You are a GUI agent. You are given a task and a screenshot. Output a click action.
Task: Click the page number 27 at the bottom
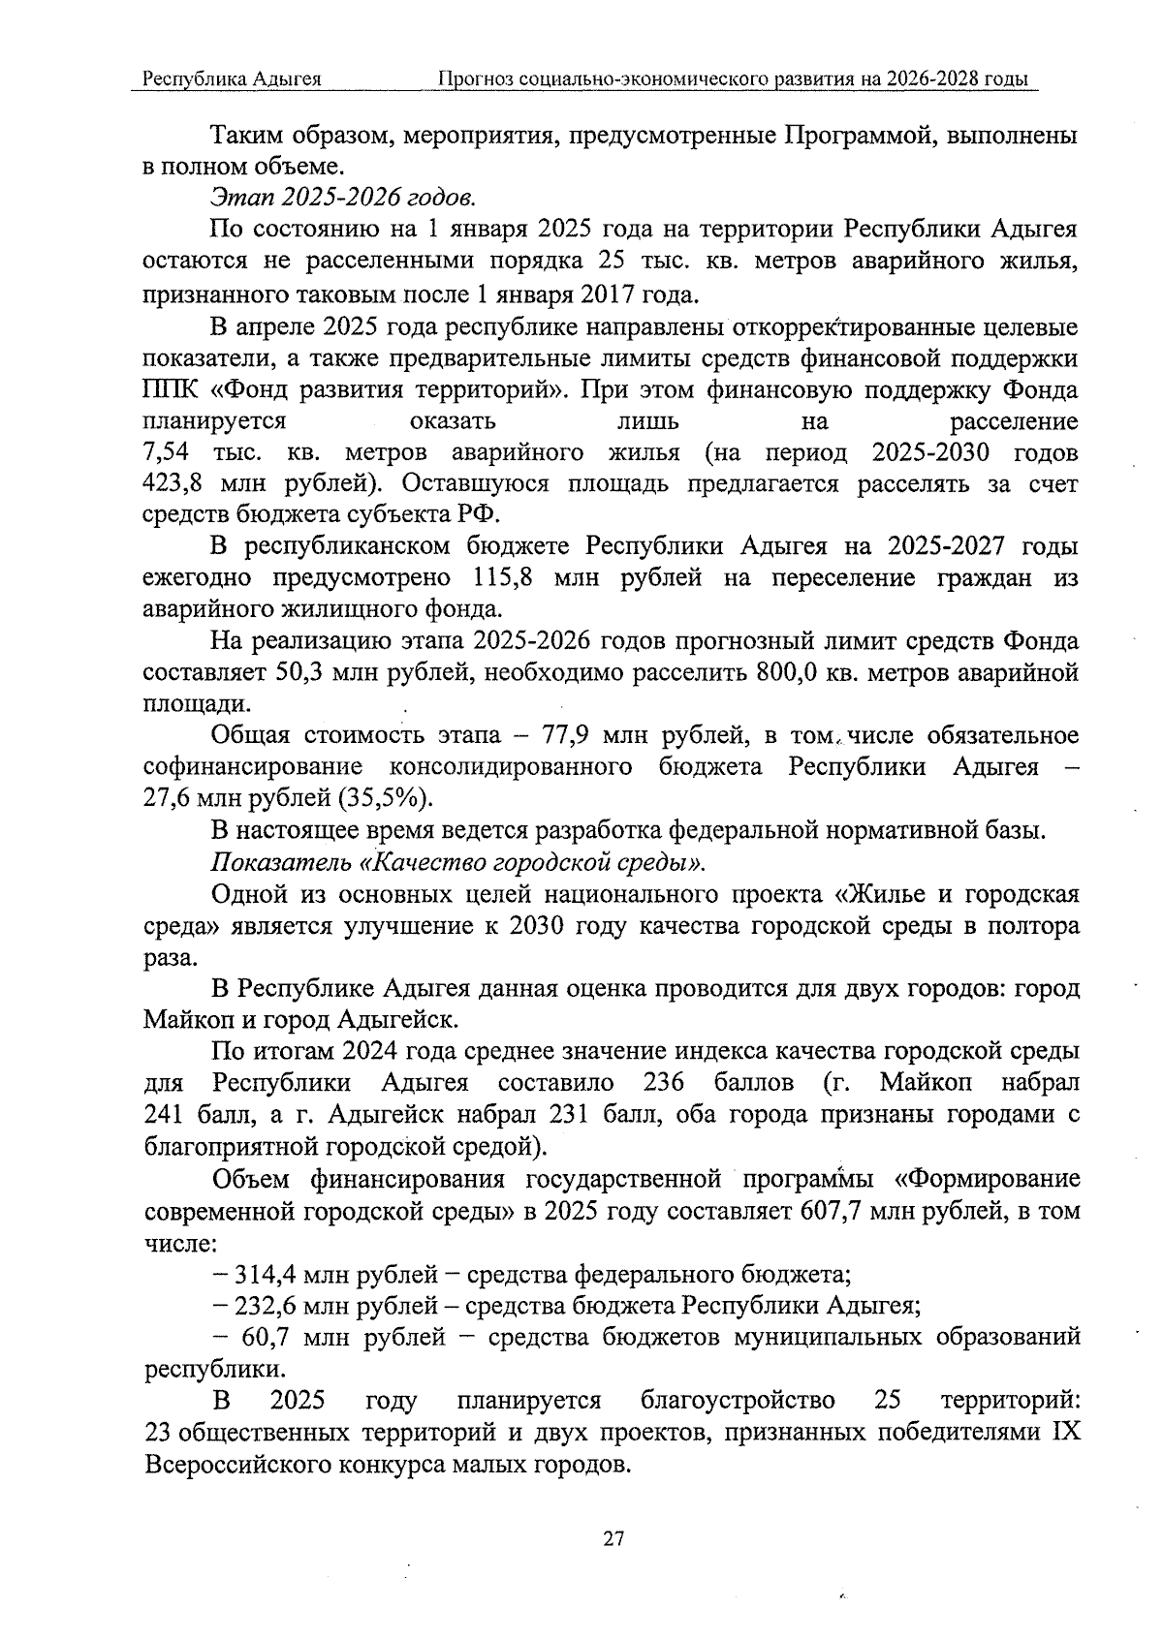[613, 1538]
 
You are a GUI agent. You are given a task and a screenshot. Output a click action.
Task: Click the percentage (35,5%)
[385, 798]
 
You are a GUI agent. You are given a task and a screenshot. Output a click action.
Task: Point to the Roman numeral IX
[1064, 1433]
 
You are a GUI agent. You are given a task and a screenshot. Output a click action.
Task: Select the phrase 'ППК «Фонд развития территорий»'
[357, 389]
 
